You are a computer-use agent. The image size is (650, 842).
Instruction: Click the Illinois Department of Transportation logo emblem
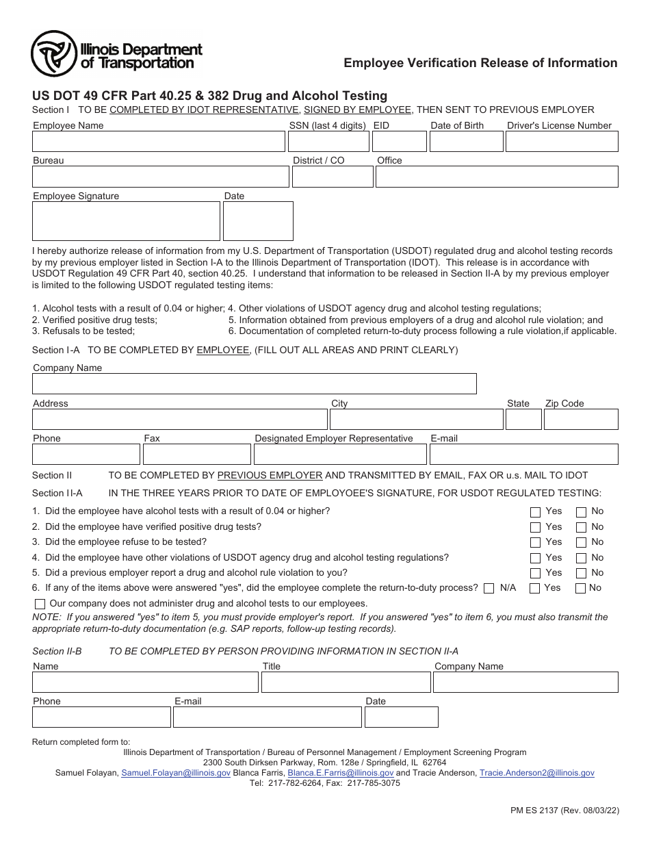(54, 54)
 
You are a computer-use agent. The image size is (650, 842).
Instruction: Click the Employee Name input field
(158, 142)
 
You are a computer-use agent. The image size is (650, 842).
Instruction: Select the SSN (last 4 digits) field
(328, 142)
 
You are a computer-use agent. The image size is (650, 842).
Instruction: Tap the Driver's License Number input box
(561, 142)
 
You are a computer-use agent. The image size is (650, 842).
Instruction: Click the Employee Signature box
(126, 221)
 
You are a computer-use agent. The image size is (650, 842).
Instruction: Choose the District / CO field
(332, 177)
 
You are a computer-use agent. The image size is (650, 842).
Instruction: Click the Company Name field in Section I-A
(254, 384)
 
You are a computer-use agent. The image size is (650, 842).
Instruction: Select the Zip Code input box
(581, 420)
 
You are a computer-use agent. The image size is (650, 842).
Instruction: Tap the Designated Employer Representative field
(340, 455)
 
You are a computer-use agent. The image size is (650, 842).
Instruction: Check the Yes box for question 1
(535, 512)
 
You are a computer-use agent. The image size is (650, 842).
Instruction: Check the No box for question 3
(581, 543)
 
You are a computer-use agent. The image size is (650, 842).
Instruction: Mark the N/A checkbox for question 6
(489, 589)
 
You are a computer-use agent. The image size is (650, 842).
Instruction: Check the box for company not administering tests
(40, 604)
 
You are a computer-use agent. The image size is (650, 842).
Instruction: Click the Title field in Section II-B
(345, 682)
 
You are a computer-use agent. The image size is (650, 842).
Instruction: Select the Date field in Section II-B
(401, 717)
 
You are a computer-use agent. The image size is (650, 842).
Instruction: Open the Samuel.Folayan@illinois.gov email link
(176, 773)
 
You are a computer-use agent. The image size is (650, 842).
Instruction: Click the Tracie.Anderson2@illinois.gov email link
(536, 773)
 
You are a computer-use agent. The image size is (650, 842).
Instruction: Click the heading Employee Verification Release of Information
(480, 63)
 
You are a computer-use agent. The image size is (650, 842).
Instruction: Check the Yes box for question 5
(535, 574)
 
